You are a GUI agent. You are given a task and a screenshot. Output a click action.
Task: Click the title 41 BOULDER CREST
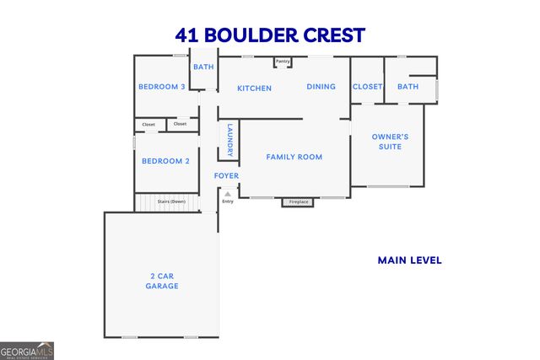[x=270, y=35]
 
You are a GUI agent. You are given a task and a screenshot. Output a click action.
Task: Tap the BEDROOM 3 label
[x=162, y=87]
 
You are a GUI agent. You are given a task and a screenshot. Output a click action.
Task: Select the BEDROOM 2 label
[x=165, y=161]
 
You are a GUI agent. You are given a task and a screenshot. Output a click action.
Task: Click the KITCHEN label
[x=254, y=88]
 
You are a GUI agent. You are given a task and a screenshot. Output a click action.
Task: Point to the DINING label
[x=321, y=87]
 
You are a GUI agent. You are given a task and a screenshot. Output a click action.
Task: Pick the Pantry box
[x=283, y=62]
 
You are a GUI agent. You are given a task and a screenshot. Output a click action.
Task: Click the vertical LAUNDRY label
[x=229, y=140]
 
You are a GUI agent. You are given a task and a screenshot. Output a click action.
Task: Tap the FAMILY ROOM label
[x=294, y=157]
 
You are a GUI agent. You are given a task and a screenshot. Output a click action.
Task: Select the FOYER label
[x=226, y=176]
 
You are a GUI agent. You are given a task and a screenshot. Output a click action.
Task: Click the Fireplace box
[x=300, y=202]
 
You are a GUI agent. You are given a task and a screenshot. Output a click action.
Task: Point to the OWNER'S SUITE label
[x=391, y=142]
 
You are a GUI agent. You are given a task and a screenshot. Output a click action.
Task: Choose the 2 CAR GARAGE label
[x=161, y=281]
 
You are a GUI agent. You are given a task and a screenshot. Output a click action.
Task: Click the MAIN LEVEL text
[x=409, y=261]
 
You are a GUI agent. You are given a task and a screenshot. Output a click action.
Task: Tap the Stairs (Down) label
[x=171, y=201]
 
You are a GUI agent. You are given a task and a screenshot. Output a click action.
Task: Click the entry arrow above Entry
[x=226, y=194]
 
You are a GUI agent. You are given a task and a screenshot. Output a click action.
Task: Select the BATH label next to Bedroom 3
[x=203, y=67]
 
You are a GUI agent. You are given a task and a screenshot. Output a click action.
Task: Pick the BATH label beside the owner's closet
[x=408, y=87]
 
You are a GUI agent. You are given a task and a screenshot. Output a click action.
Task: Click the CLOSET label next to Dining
[x=368, y=87]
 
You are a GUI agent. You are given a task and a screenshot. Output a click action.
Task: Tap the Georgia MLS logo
[x=27, y=349]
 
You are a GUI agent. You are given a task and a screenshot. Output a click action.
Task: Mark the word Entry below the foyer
[x=227, y=201]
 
